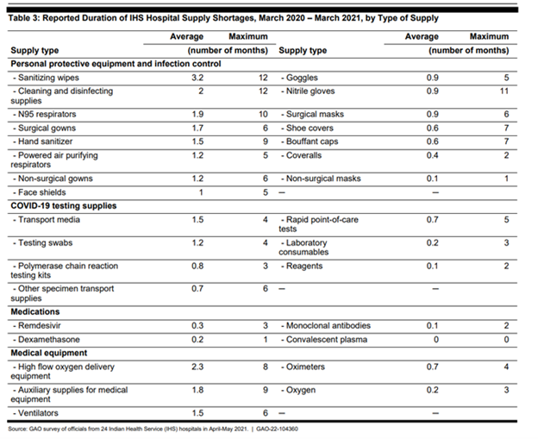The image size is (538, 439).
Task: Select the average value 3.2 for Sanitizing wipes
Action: (x=197, y=78)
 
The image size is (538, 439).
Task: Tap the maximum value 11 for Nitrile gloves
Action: (x=504, y=91)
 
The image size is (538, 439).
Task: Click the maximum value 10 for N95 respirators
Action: (x=263, y=115)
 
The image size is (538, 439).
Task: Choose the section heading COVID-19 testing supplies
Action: (x=64, y=206)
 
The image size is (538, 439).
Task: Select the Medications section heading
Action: (x=35, y=311)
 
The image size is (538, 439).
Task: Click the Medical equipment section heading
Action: (x=49, y=353)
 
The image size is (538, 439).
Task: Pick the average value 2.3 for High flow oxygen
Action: (x=197, y=367)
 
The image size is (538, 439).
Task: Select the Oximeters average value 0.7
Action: (x=432, y=367)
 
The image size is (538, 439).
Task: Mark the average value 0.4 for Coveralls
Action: (x=432, y=155)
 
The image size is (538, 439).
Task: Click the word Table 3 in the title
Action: (x=23, y=18)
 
